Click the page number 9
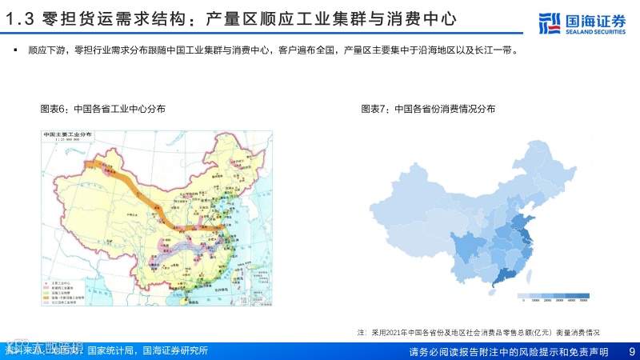632,351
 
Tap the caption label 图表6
54,109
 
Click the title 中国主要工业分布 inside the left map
68,134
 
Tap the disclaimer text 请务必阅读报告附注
508,351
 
